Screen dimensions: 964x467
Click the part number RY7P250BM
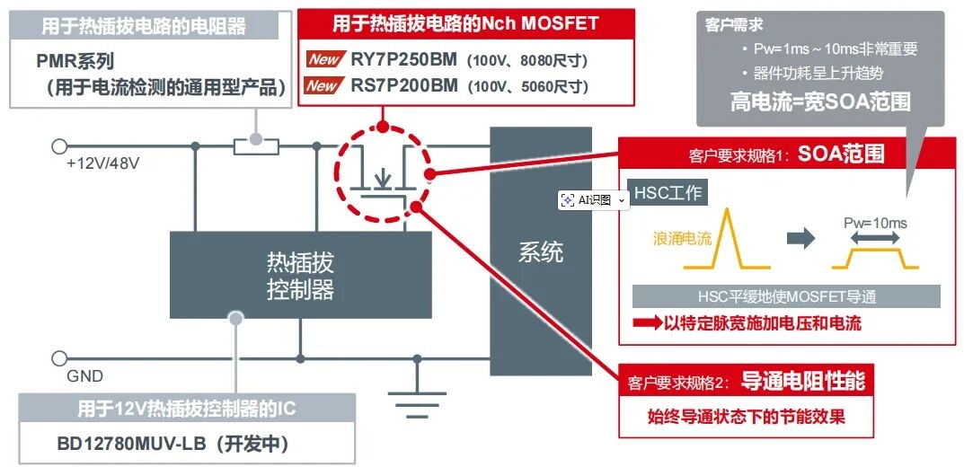point(404,59)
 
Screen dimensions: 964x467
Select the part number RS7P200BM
point(404,85)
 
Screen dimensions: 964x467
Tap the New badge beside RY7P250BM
point(324,59)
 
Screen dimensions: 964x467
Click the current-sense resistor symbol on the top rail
point(256,146)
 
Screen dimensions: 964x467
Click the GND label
point(84,376)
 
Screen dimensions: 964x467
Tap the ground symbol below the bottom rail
point(418,400)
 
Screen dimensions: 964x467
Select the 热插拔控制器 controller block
point(300,275)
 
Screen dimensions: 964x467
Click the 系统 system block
point(541,251)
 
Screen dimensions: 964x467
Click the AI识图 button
point(594,199)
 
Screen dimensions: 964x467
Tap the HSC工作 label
point(668,193)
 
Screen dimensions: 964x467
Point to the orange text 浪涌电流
point(682,238)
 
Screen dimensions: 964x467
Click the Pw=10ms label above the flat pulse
point(875,223)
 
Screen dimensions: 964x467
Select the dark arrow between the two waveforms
point(801,238)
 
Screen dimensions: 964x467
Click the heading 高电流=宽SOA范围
point(820,101)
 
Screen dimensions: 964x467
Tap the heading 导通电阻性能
point(802,381)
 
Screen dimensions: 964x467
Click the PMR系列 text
point(75,61)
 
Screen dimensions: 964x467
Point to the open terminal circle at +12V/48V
point(59,146)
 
